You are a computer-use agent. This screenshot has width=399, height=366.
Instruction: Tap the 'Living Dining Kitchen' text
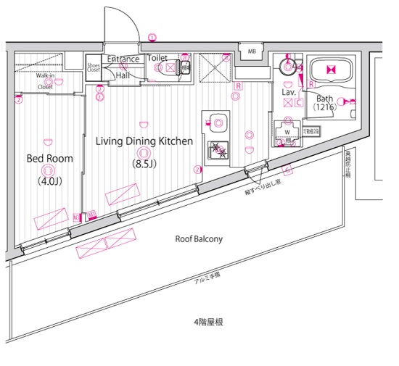[x=144, y=141]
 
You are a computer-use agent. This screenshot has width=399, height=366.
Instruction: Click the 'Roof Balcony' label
[x=199, y=238]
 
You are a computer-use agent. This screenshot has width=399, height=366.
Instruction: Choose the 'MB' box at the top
[x=251, y=51]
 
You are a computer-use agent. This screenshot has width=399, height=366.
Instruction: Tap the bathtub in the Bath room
[x=330, y=71]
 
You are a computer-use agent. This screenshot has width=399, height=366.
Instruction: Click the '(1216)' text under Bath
[x=324, y=107]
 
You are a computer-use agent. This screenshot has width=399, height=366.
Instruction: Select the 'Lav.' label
[x=287, y=92]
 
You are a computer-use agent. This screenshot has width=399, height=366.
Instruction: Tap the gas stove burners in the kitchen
[x=217, y=151]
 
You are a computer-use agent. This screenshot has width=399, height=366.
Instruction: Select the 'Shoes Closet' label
[x=94, y=66]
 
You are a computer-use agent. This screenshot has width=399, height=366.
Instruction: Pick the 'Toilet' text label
[x=157, y=57]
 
